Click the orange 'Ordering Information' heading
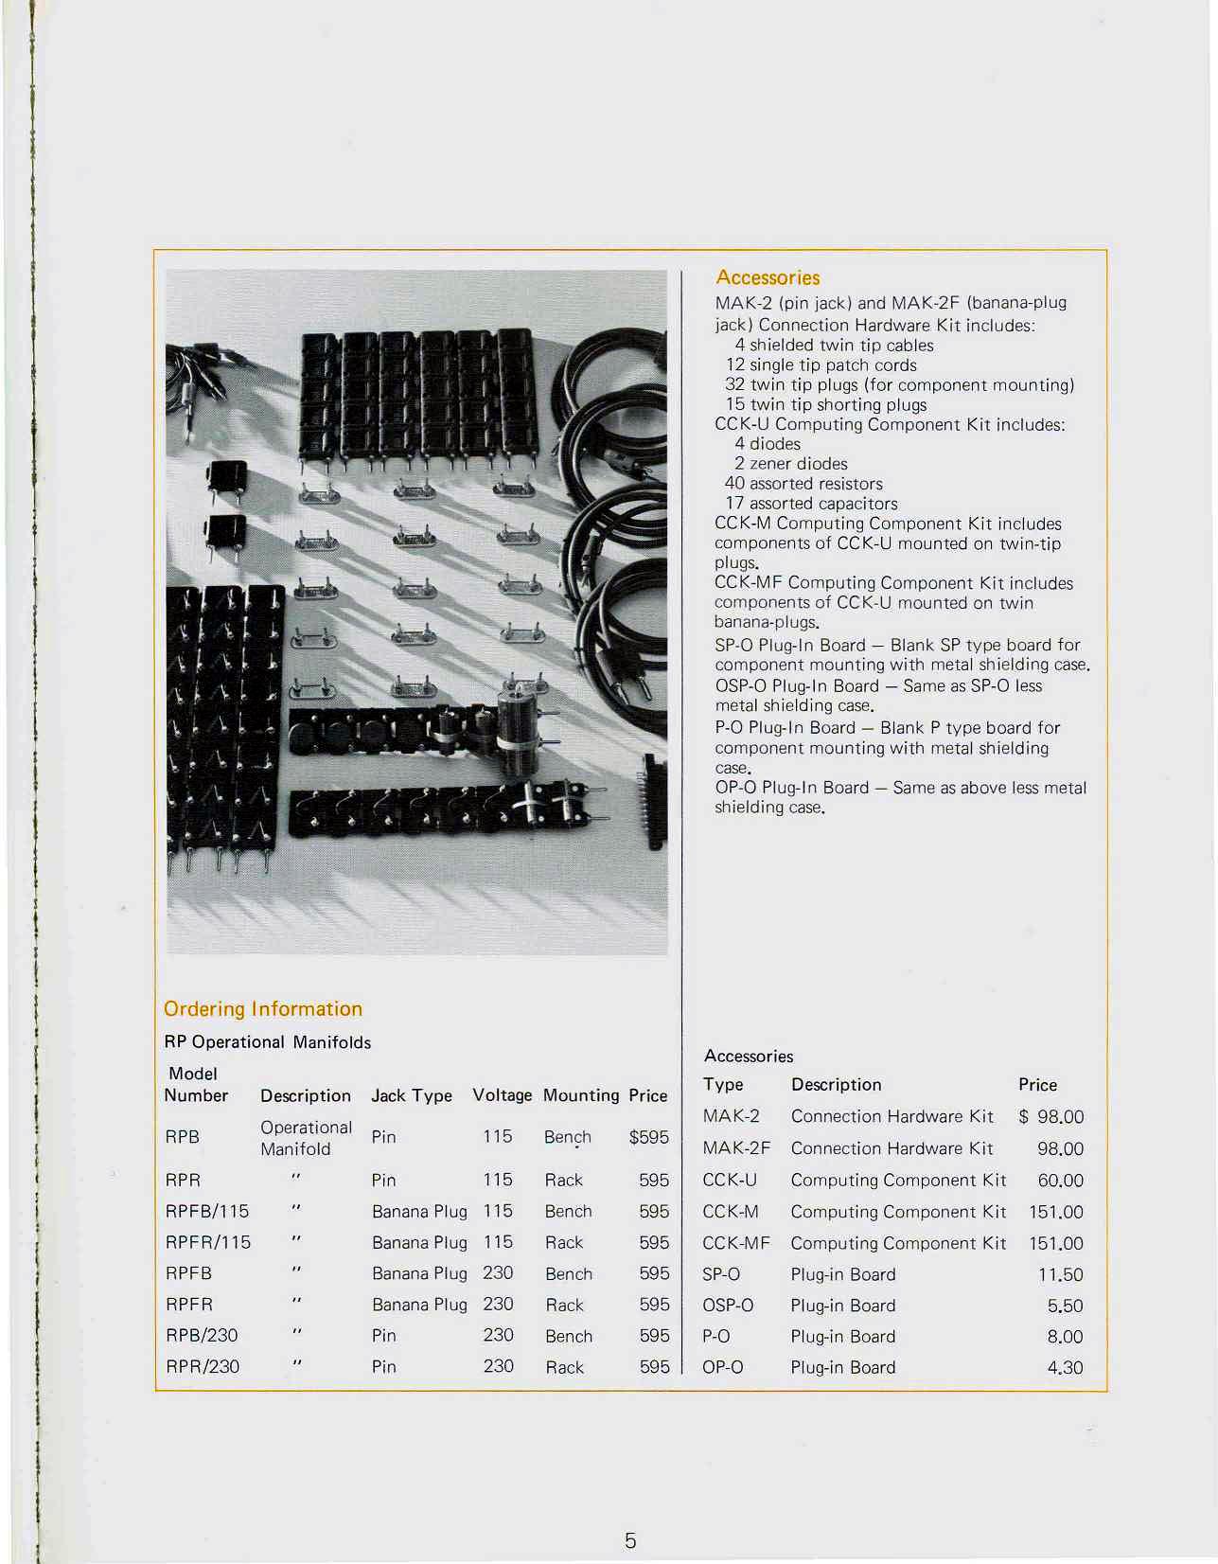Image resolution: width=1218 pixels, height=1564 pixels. pyautogui.click(x=263, y=1008)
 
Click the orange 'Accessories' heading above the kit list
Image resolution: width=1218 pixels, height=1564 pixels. pyautogui.click(x=768, y=277)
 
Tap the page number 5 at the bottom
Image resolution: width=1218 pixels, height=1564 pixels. pyautogui.click(x=630, y=1540)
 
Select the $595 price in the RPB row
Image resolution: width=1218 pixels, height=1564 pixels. pyautogui.click(x=649, y=1137)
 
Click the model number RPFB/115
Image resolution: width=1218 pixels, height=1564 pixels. pyautogui.click(x=207, y=1211)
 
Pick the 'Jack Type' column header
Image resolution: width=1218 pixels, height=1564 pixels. pyautogui.click(x=412, y=1095)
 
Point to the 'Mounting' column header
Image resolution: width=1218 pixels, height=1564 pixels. pyautogui.click(x=581, y=1095)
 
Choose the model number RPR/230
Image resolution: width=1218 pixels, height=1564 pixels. pyautogui.click(x=203, y=1366)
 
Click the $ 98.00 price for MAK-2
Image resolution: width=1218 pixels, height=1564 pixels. pyautogui.click(x=1051, y=1117)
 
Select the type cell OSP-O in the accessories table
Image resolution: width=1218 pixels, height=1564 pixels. pyautogui.click(x=728, y=1306)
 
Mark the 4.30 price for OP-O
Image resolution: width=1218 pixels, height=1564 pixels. pyautogui.click(x=1065, y=1368)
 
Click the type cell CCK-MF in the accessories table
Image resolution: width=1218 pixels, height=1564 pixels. pyautogui.click(x=736, y=1243)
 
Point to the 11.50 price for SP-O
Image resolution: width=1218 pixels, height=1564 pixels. pyautogui.click(x=1060, y=1275)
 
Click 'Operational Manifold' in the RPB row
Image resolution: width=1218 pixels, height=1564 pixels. pyautogui.click(x=306, y=1138)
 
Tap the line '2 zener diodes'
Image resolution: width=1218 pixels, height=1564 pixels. pyautogui.click(x=790, y=464)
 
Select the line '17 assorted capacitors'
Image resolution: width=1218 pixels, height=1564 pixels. pyautogui.click(x=811, y=504)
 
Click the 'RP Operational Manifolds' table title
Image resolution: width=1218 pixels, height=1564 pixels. pyautogui.click(x=268, y=1042)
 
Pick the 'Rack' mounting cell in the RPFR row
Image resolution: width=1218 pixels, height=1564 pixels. pyautogui.click(x=564, y=1305)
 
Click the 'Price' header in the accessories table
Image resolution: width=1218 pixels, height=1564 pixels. pyautogui.click(x=1037, y=1085)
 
